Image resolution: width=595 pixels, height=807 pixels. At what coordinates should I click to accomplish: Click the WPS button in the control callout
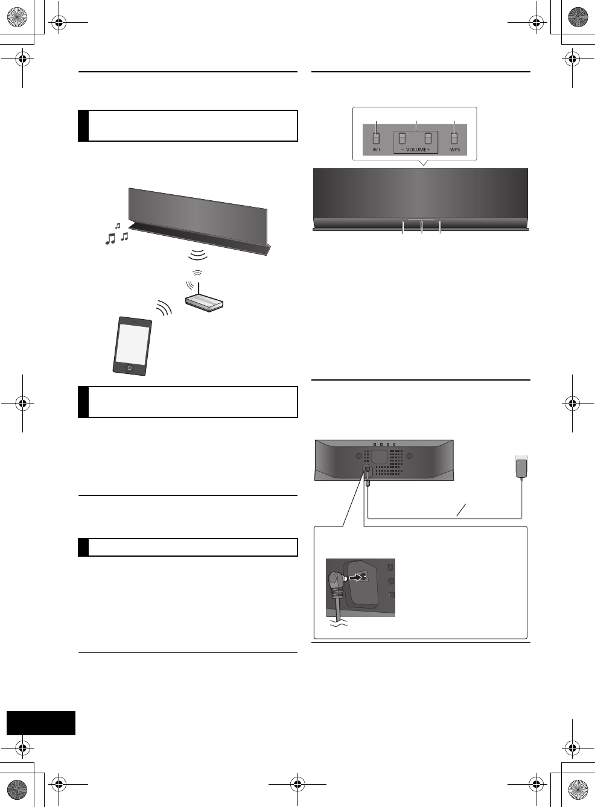coord(454,138)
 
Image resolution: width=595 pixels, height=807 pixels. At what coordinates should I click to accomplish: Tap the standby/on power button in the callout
coord(376,138)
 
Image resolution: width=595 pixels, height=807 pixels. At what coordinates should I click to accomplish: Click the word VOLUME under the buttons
coord(416,150)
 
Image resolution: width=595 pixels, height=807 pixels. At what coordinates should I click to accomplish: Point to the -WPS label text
coord(454,150)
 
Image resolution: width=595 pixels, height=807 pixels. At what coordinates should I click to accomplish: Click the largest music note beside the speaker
coord(110,239)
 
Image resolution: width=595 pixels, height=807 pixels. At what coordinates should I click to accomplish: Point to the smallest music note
coord(118,226)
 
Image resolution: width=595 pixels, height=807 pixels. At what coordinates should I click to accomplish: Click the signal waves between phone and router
coord(164,309)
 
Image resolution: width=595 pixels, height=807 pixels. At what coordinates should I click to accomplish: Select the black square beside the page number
coord(41,723)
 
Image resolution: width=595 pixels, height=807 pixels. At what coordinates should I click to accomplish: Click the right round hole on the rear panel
coord(409,457)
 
